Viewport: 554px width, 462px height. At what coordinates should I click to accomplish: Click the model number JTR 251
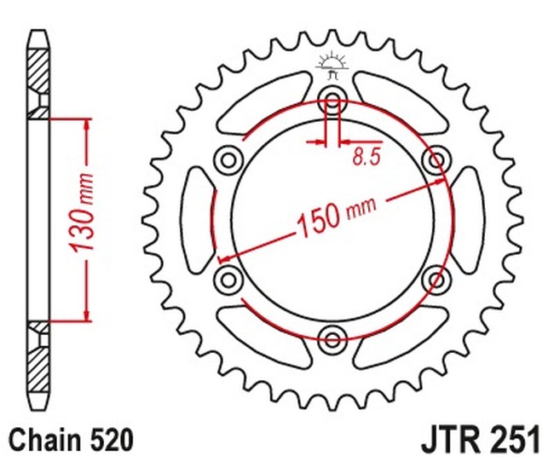click(x=480, y=440)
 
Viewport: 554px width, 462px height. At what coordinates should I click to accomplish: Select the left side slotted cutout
click(x=199, y=217)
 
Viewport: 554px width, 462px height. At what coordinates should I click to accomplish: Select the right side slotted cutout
click(x=465, y=217)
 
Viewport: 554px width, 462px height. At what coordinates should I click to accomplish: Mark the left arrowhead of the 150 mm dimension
click(x=223, y=258)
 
